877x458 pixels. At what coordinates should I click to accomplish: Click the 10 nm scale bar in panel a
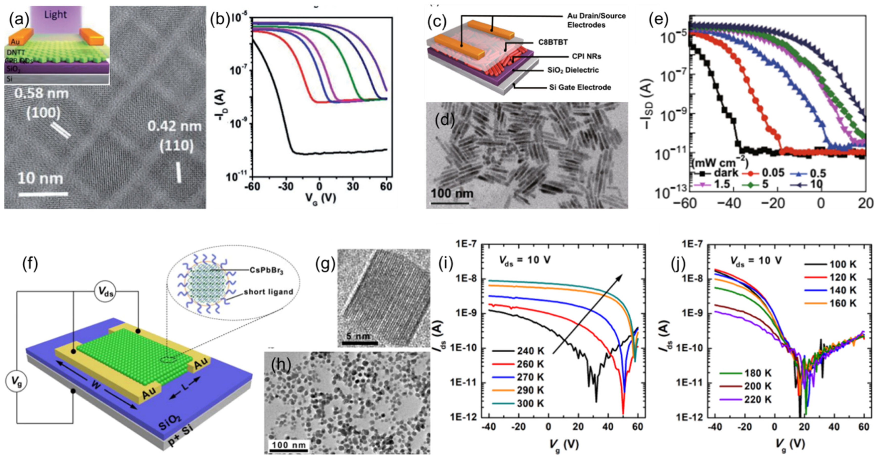click(x=43, y=194)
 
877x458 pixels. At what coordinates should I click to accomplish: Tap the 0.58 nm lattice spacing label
click(x=41, y=93)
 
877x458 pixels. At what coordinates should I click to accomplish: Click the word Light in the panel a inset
click(x=56, y=15)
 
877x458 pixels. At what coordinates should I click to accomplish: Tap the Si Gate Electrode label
click(x=580, y=87)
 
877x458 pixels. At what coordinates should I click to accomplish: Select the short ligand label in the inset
click(x=268, y=292)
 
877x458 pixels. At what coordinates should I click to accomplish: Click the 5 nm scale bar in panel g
click(x=359, y=342)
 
